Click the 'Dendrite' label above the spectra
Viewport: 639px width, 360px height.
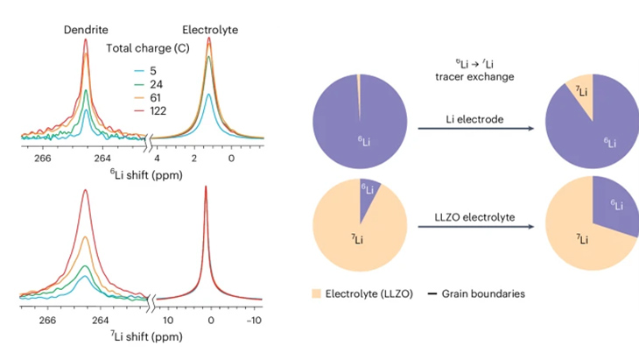(x=84, y=30)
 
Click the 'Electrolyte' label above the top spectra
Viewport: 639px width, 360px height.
(x=210, y=30)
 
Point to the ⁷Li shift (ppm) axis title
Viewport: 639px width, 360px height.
(x=145, y=335)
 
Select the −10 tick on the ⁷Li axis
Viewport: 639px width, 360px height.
(x=253, y=321)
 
